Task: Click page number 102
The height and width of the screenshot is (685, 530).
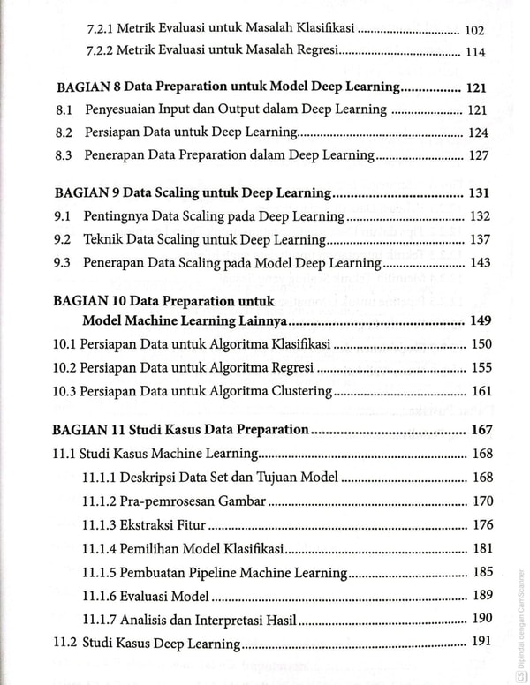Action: click(474, 29)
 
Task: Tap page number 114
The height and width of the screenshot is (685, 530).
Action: click(475, 51)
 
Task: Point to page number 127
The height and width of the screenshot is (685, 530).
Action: click(478, 154)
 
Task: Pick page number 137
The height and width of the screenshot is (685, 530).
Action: click(478, 239)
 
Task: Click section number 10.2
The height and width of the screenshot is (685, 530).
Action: click(66, 367)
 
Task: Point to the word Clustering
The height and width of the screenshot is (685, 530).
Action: click(299, 390)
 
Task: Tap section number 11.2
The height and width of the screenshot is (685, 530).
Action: click(66, 642)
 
